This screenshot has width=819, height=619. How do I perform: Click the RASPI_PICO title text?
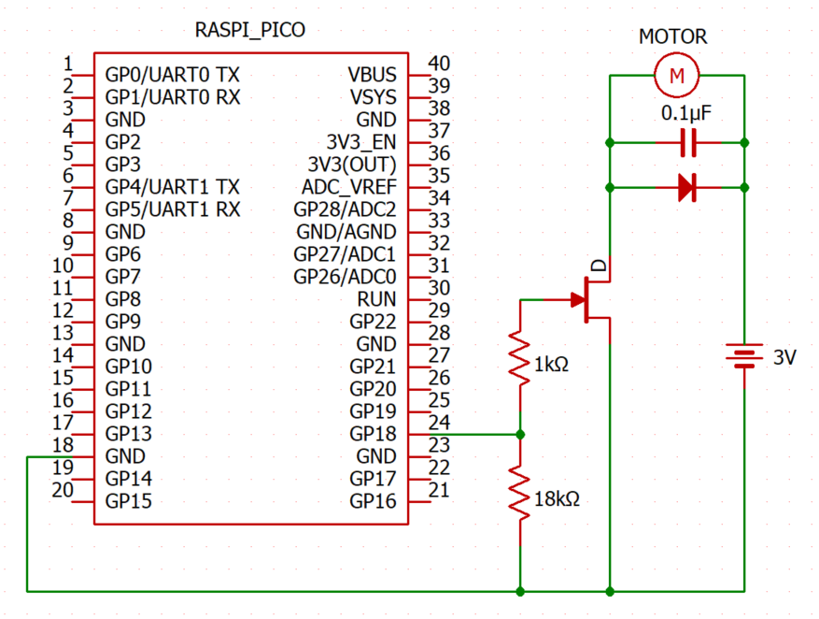(x=250, y=31)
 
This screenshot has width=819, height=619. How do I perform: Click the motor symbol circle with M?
(x=677, y=76)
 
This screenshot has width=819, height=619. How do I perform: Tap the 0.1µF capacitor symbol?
(x=688, y=143)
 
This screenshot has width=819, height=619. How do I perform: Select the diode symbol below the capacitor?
(x=688, y=188)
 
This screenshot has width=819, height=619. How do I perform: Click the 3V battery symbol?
(x=744, y=356)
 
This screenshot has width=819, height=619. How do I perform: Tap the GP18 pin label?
(x=373, y=434)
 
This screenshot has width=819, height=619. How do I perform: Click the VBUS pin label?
(x=372, y=75)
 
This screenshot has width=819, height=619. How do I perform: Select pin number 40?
(x=439, y=64)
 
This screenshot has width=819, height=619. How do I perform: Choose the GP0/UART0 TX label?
(x=172, y=75)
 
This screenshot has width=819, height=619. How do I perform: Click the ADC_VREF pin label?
(x=348, y=187)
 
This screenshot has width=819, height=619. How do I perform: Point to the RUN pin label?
(x=376, y=299)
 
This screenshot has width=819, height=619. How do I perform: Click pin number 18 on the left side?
(x=64, y=445)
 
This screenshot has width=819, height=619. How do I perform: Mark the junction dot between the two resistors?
(x=520, y=434)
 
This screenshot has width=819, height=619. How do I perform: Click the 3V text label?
(x=784, y=357)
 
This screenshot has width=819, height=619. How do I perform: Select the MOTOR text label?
(x=672, y=37)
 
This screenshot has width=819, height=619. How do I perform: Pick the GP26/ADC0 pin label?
(x=345, y=277)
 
